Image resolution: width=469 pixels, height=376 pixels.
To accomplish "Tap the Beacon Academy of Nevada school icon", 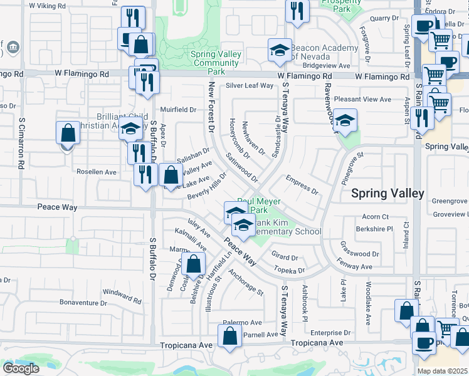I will coord(280,51).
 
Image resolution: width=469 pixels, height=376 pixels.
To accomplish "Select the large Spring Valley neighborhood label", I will coord(387,194).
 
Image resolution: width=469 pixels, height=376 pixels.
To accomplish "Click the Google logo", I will coord(21,368).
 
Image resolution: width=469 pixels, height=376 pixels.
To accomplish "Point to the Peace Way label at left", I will coord(57,207).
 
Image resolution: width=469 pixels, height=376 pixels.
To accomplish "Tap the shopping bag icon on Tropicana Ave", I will coord(230,335).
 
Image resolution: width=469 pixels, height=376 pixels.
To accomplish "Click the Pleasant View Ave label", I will coord(362,99).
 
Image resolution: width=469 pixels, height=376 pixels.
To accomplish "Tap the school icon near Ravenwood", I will coord(345,120).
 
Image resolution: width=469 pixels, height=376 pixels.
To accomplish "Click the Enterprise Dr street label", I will coord(330,333).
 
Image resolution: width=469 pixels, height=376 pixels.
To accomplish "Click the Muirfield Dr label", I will coord(179,110).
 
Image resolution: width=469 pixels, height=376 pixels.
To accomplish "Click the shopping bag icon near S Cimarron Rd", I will coord(68,133).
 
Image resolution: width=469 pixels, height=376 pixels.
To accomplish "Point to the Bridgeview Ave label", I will coord(326,65).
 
